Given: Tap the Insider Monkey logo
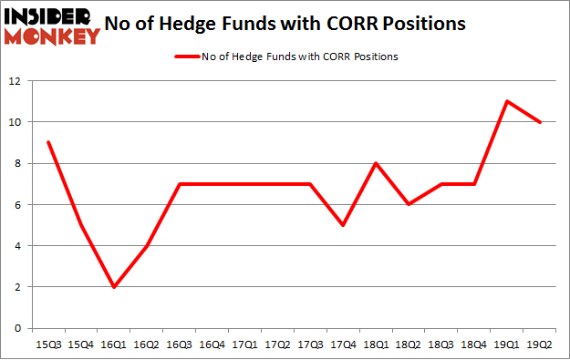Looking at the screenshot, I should point(51,25).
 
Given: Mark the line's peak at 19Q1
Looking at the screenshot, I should point(507,101).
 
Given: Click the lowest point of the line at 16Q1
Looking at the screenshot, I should point(112,286).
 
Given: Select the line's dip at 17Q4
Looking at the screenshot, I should point(342,225).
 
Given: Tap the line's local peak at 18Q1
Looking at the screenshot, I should point(375,163).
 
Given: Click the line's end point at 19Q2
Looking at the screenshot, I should point(540,122).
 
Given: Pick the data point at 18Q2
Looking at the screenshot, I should point(409,204).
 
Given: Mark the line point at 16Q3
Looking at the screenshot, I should point(178,184).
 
